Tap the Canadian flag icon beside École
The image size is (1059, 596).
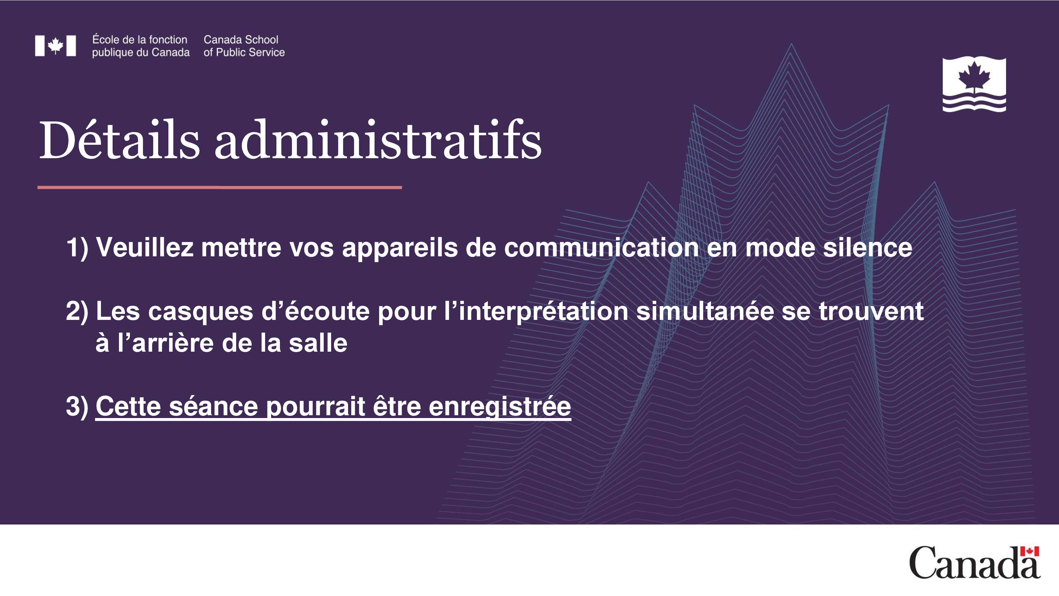(55, 46)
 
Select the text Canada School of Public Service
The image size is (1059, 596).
(244, 46)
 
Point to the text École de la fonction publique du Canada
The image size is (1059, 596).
(140, 46)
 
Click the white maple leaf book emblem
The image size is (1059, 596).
(974, 85)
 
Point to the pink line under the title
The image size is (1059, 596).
(220, 187)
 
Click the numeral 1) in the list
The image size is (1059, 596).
(77, 248)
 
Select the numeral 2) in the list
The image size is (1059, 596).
(77, 311)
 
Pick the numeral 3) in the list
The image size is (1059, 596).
(77, 406)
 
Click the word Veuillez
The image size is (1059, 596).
(144, 247)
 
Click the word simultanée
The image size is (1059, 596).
(705, 311)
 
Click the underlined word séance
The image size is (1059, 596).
(213, 406)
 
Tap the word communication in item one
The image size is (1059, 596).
(602, 247)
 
